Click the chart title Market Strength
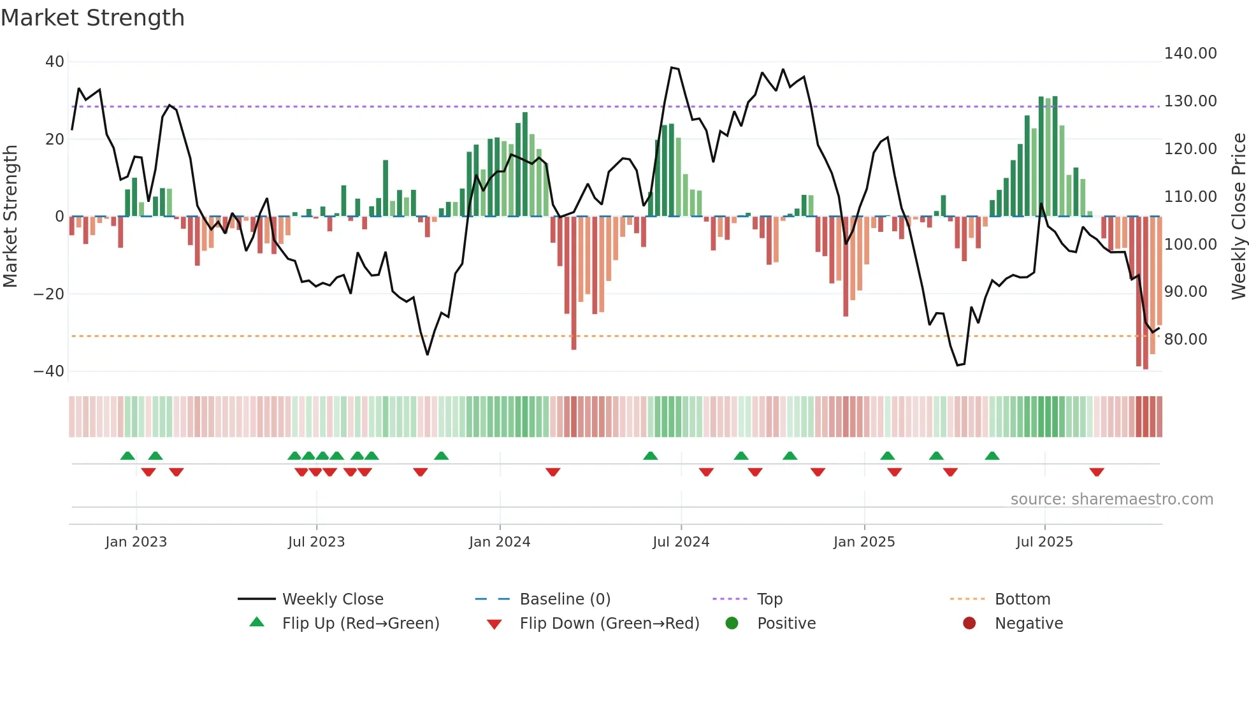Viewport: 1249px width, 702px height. (x=92, y=18)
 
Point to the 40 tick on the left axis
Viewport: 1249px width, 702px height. (x=55, y=62)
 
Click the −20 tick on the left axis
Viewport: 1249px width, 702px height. (x=49, y=294)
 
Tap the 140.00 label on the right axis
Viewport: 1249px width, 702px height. (x=1190, y=54)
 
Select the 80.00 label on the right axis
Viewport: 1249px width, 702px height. (x=1185, y=340)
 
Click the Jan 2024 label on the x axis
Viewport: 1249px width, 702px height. (x=500, y=542)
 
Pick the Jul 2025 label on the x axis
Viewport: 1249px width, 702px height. (x=1044, y=542)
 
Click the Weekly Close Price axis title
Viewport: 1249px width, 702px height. (x=1238, y=217)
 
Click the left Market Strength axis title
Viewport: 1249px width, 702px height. (x=10, y=217)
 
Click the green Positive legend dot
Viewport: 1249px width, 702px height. (x=732, y=623)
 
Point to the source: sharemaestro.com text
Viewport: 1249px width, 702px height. (x=1111, y=499)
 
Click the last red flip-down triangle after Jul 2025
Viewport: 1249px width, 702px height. (x=1097, y=472)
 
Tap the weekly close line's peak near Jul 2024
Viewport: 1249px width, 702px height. (x=672, y=68)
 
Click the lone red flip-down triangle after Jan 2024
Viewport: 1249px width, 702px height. (x=553, y=472)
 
